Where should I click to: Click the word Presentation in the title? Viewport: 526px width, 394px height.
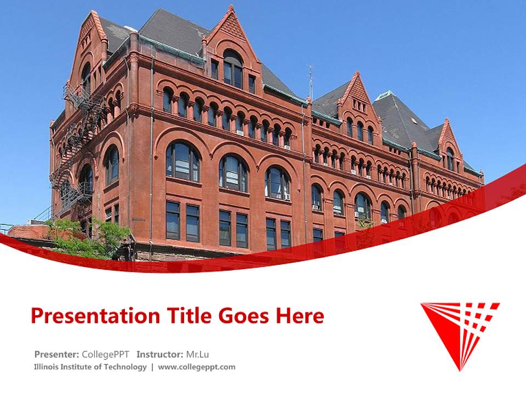(95, 316)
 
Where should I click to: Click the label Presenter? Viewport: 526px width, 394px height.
(56, 355)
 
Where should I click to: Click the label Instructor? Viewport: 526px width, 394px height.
(160, 355)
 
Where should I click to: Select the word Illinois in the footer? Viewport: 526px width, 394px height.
(44, 367)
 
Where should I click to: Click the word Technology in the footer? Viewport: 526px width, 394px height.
(125, 367)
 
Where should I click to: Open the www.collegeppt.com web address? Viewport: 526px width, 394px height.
(197, 367)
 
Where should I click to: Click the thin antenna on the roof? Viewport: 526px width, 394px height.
(311, 82)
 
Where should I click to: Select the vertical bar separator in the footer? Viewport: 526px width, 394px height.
(152, 367)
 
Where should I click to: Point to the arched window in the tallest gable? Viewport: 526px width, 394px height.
(233, 69)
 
